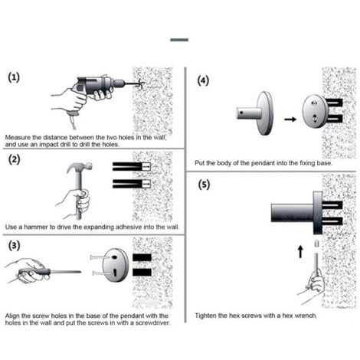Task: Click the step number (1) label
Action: pos(14,77)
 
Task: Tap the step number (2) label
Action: pos(14,159)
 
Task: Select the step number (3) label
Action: pos(14,246)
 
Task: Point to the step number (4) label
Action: pos(203,80)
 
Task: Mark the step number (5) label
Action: pos(204,185)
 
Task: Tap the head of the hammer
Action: pos(80,167)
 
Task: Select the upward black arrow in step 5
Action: pos(301,252)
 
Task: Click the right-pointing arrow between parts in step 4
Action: pos(290,119)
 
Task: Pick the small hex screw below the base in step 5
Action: pos(316,244)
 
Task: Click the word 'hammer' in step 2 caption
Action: pos(34,227)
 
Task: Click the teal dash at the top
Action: pos(179,40)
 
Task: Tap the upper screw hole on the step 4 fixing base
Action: pos(314,103)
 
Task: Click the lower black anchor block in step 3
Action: pos(142,272)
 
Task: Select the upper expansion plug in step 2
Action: pos(132,166)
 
